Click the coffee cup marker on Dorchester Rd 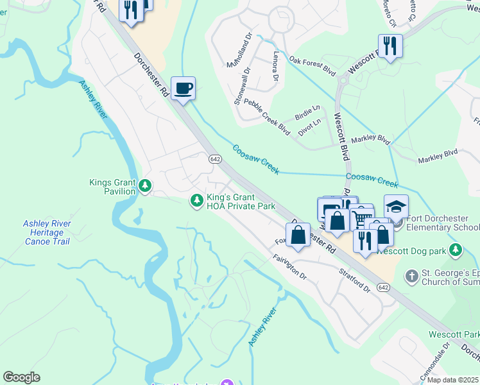[x=183, y=88]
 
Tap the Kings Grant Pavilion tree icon [x=146, y=186]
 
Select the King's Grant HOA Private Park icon [x=196, y=201]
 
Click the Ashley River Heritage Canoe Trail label [x=47, y=232]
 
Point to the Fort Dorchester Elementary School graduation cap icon [x=396, y=207]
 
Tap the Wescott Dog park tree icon [x=456, y=248]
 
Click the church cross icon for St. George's [x=411, y=277]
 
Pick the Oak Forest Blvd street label [x=313, y=65]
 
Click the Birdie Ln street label [x=307, y=114]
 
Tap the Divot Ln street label [x=310, y=127]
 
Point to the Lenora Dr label [x=276, y=66]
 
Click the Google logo [x=21, y=377]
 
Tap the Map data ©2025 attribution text [x=452, y=379]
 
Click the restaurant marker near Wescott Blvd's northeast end [x=390, y=46]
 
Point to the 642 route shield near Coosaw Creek [x=215, y=158]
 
